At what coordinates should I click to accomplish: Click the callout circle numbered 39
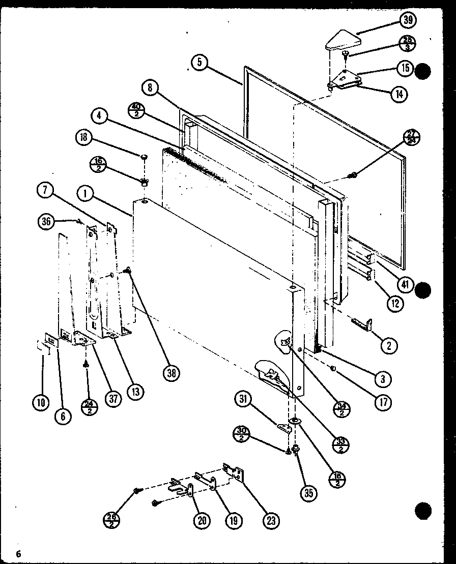[x=407, y=21]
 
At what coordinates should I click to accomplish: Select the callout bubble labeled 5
[x=200, y=63]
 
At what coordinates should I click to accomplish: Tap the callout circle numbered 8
[x=150, y=87]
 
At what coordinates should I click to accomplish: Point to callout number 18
[x=83, y=137]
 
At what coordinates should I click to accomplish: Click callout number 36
[x=47, y=221]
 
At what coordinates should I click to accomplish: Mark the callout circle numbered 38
[x=172, y=374]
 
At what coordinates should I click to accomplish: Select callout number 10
[x=41, y=403]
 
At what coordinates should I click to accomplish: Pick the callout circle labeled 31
[x=243, y=401]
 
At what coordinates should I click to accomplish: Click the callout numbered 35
[x=307, y=492]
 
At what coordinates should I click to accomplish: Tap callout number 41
[x=405, y=285]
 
